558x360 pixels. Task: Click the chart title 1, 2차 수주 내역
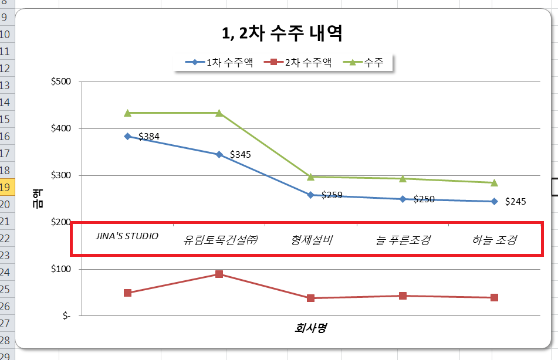click(282, 33)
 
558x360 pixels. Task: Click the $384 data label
click(148, 137)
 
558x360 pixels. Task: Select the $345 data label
click(240, 155)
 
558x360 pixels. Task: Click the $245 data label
click(515, 202)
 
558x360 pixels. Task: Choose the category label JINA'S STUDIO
click(127, 236)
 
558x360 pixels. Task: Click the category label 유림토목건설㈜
click(221, 239)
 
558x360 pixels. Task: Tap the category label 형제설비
click(312, 239)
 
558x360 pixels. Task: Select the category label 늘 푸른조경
click(403, 239)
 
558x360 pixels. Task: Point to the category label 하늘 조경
click(494, 239)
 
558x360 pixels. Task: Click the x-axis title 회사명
click(310, 328)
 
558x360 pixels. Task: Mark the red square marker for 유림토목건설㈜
click(219, 274)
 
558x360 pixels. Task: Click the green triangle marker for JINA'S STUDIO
click(127, 113)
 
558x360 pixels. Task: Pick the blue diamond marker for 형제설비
click(311, 195)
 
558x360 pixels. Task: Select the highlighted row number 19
click(5, 188)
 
